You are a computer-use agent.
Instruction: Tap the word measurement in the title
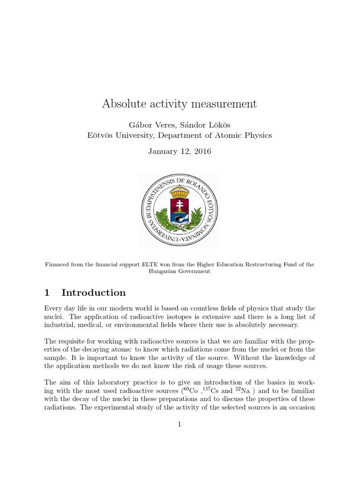[223, 104]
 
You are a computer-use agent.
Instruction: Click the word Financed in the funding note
[57, 264]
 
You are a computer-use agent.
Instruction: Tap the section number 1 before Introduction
[47, 293]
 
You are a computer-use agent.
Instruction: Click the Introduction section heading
[93, 293]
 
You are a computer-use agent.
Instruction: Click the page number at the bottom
[180, 425]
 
